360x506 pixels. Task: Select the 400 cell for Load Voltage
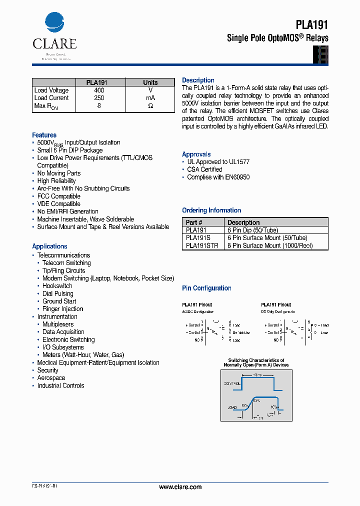click(x=99, y=90)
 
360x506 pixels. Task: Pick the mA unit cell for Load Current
click(x=150, y=98)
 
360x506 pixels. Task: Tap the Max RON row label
click(x=46, y=106)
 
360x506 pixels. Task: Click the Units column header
click(x=150, y=82)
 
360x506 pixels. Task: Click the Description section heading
click(x=198, y=80)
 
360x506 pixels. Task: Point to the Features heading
click(x=44, y=135)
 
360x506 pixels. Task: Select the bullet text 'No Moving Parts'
click(x=58, y=173)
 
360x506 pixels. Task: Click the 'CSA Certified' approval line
click(x=204, y=169)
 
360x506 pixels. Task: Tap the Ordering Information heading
click(x=211, y=210)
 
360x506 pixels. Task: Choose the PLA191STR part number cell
click(x=202, y=245)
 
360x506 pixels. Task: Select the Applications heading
click(x=49, y=246)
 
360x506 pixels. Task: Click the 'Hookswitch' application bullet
click(x=57, y=286)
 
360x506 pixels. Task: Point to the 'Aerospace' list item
click(x=51, y=378)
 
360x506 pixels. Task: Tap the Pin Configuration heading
click(x=206, y=288)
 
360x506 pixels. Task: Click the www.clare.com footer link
click(x=180, y=487)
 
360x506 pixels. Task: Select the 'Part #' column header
click(x=194, y=222)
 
